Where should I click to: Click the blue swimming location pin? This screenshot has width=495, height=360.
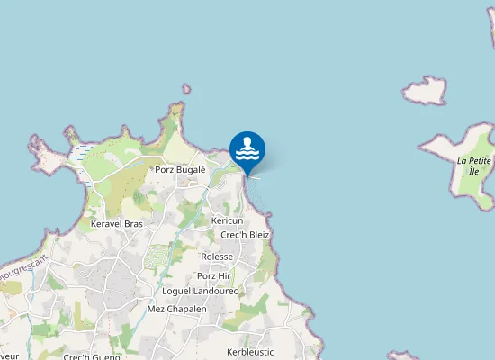[x=247, y=149]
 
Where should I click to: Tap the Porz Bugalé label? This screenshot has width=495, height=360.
[x=181, y=169]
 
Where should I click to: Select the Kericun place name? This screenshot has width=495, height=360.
[x=227, y=220]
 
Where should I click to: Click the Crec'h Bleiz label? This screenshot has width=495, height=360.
[x=245, y=235]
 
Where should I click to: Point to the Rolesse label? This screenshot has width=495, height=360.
[x=217, y=256]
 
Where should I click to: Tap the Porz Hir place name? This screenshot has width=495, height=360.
[x=214, y=275]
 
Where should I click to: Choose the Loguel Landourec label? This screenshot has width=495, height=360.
[x=200, y=292]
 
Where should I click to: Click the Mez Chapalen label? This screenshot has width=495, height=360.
[x=176, y=309]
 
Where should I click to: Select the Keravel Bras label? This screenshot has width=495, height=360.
[x=117, y=223]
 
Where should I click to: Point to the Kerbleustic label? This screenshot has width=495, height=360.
[x=250, y=352]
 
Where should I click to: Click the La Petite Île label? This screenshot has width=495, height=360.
[x=474, y=166]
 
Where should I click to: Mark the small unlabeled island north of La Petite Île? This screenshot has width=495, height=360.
[x=425, y=90]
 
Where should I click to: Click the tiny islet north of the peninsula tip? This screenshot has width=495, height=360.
[x=186, y=89]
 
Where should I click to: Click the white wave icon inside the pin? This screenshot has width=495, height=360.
[x=247, y=152]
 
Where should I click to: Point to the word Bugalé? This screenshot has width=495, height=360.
[x=192, y=169]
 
